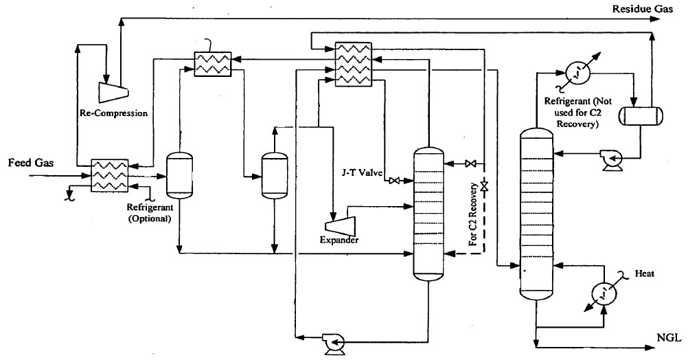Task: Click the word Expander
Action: [x=339, y=240]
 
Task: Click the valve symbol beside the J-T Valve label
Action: [x=395, y=181]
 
